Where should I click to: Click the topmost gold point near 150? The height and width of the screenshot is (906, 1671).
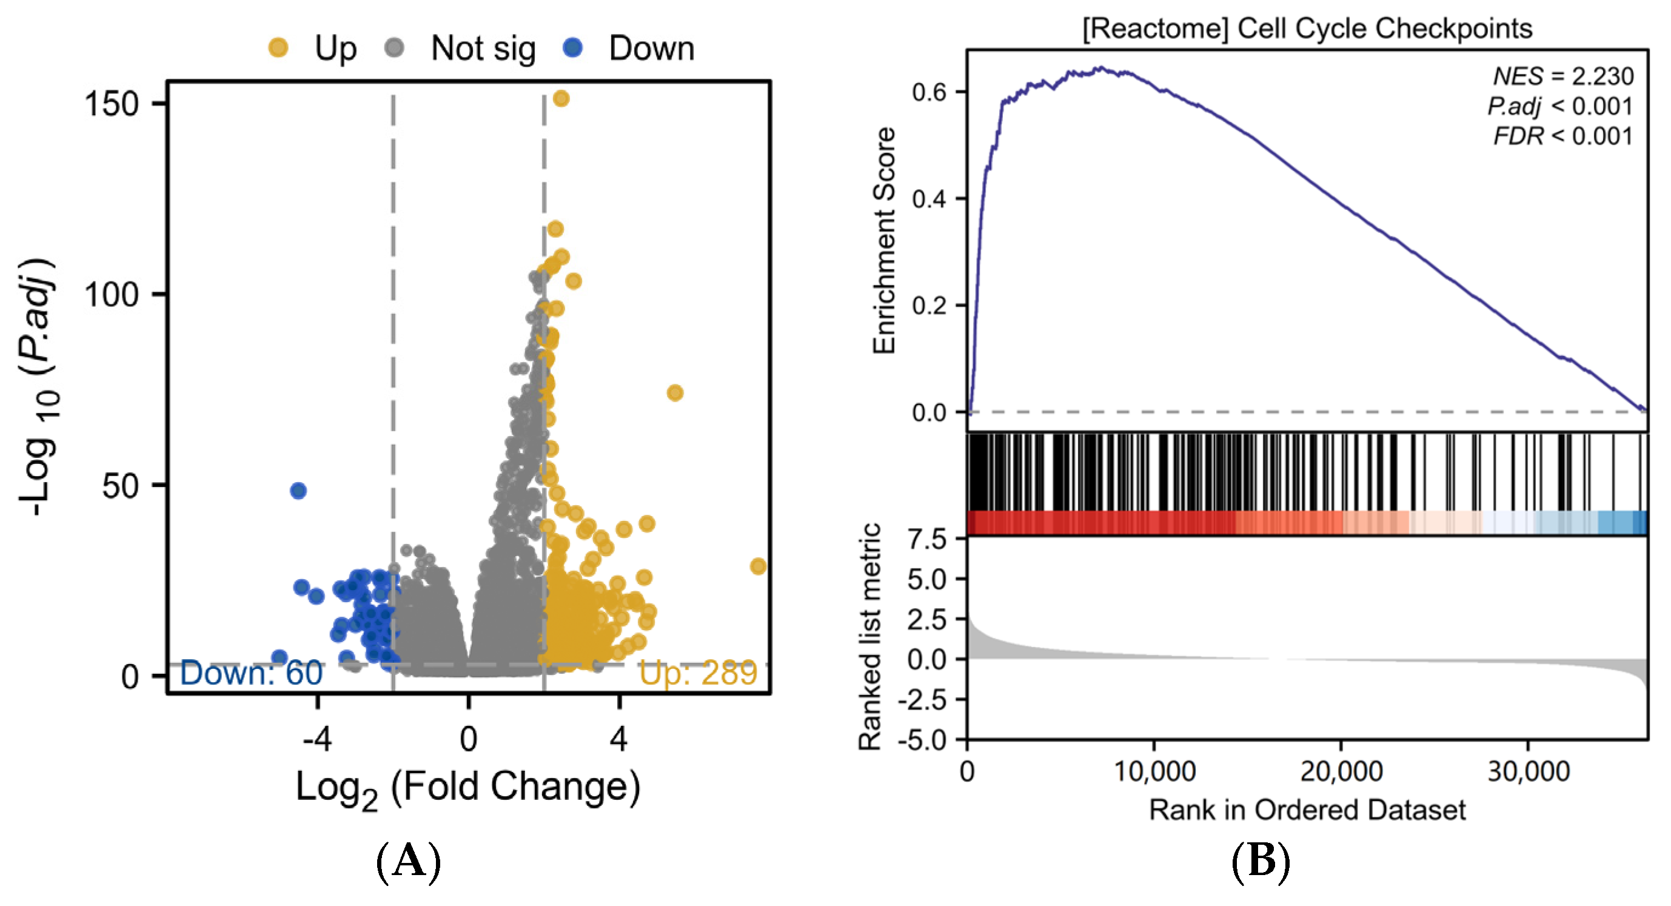tap(561, 99)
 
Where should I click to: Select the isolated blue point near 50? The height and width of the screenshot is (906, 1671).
tap(298, 491)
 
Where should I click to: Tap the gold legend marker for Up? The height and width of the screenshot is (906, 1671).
tap(278, 47)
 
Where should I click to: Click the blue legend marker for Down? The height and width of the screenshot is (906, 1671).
tap(573, 47)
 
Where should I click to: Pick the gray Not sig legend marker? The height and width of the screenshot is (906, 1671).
tap(394, 47)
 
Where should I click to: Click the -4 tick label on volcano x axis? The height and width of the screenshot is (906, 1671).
tap(317, 738)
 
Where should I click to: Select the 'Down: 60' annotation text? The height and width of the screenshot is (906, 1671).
tap(251, 673)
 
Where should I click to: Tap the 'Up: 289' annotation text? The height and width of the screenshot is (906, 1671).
tap(698, 673)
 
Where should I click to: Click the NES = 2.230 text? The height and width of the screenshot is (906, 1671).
tap(1562, 76)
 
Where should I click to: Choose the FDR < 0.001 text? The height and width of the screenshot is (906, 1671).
tap(1562, 136)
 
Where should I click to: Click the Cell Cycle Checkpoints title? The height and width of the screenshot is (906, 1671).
tap(1307, 29)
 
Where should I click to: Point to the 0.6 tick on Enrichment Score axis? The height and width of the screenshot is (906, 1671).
tap(929, 92)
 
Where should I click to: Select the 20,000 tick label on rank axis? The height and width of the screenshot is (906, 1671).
tap(1341, 771)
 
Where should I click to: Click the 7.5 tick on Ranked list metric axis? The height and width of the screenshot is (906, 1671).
tap(927, 539)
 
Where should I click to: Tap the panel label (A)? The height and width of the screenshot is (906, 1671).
tap(409, 862)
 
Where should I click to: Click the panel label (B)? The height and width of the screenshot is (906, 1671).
tap(1261, 862)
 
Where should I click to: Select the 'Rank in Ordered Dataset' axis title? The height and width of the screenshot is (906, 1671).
tap(1307, 810)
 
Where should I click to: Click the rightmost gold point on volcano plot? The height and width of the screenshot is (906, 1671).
tap(758, 566)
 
